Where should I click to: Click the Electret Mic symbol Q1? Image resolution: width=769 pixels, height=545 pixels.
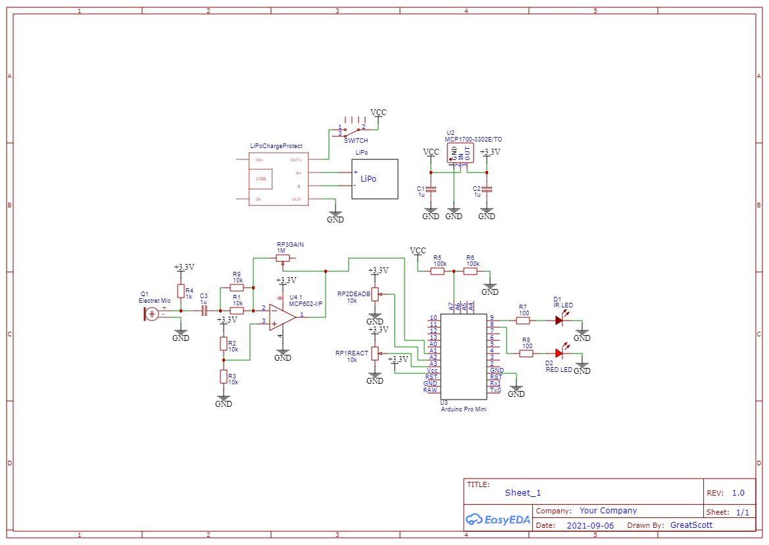pos(152,314)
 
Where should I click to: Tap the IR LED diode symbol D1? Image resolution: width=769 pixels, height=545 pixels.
pos(559,321)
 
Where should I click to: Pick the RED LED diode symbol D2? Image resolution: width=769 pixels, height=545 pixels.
pos(559,353)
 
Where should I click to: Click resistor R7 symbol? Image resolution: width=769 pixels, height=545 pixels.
pos(523,321)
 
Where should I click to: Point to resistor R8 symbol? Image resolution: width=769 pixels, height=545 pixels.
pos(526,353)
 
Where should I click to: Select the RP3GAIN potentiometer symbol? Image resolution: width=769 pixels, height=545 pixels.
pos(283,258)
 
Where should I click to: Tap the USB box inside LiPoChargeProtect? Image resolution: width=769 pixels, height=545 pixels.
pos(261,179)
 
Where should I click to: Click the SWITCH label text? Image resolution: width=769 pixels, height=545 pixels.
pos(356,141)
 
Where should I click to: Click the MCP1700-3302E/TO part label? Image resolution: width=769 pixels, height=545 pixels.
pos(473,140)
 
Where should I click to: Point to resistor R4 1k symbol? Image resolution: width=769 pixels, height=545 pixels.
pos(180,291)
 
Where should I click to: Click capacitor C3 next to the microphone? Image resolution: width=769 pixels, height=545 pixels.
pos(204,311)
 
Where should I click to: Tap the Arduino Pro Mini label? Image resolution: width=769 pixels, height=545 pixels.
pos(462,409)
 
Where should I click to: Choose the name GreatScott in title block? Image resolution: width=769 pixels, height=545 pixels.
pos(691,525)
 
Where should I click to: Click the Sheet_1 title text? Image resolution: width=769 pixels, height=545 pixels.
pos(523,493)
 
